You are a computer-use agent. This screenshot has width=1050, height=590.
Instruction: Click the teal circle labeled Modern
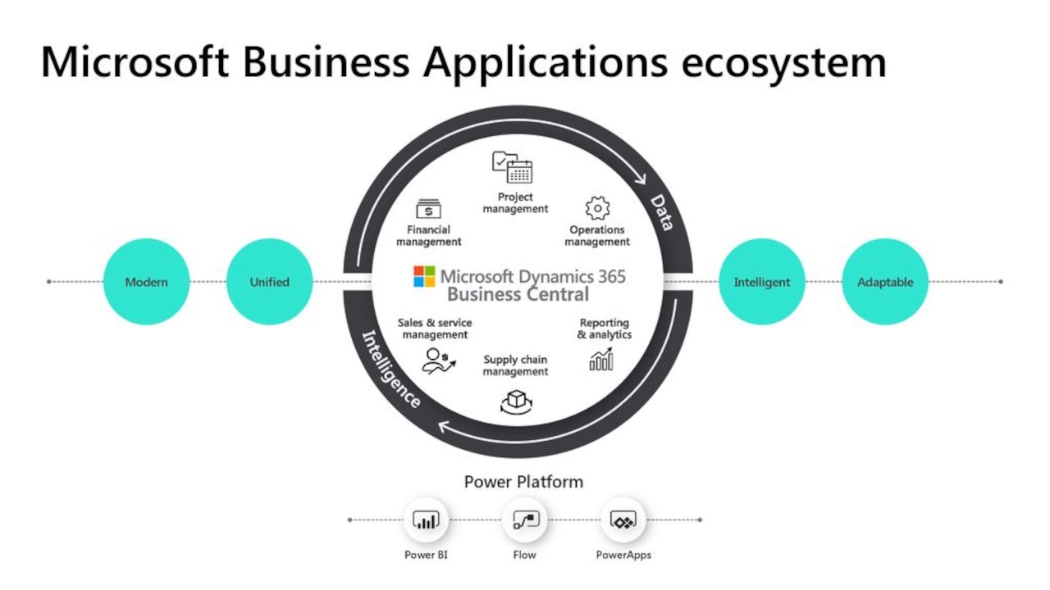(x=146, y=282)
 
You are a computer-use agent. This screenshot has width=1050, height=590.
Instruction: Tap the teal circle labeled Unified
(x=269, y=282)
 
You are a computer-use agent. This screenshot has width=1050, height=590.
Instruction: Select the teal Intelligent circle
(x=761, y=282)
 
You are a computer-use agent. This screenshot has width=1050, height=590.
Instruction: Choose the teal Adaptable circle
(x=884, y=282)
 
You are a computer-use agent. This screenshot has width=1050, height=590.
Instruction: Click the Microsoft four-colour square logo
(x=424, y=276)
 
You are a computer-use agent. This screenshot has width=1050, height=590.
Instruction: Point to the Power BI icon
(x=426, y=520)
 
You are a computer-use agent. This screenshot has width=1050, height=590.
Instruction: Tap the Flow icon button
(x=524, y=520)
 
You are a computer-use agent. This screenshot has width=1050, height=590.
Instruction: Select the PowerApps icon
(x=623, y=520)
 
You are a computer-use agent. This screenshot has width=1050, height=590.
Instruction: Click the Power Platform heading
(x=523, y=482)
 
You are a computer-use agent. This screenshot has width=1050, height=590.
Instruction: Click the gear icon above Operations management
(x=597, y=208)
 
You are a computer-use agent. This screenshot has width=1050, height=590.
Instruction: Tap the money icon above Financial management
(x=428, y=209)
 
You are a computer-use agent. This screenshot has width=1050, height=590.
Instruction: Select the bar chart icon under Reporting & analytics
(x=601, y=359)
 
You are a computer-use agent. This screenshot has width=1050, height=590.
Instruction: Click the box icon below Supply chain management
(x=516, y=401)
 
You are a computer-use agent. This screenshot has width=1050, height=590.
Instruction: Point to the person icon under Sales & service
(x=435, y=360)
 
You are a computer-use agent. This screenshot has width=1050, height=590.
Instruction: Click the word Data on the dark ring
(x=663, y=212)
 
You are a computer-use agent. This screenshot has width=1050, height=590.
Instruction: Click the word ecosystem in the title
(x=783, y=62)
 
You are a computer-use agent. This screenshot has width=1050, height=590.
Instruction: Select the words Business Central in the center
(x=518, y=294)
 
